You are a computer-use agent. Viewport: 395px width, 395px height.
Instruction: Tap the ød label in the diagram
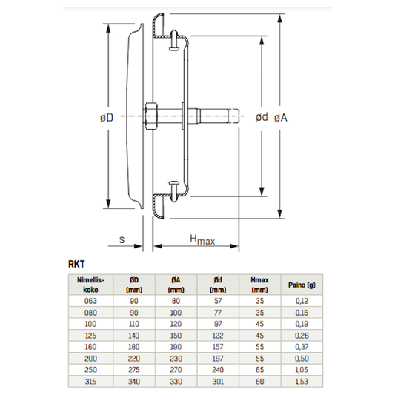click(261, 117)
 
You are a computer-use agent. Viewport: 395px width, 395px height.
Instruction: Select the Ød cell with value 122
click(218, 335)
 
